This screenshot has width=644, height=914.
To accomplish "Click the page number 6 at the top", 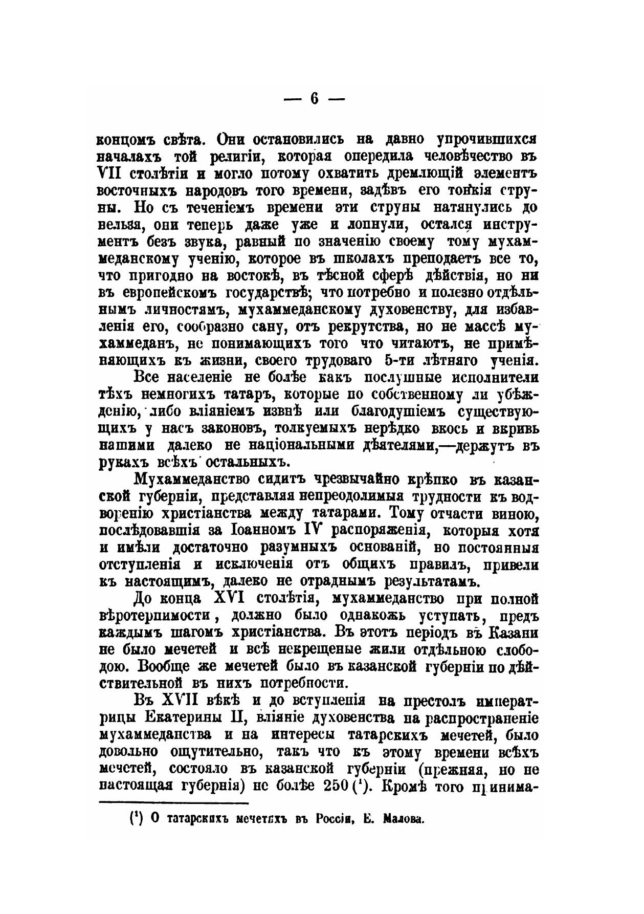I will pos(314,99).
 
